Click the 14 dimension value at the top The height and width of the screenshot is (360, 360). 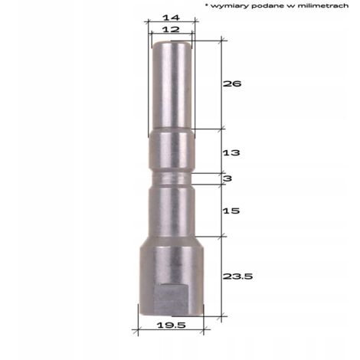tap(172, 18)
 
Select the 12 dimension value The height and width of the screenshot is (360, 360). tap(171, 29)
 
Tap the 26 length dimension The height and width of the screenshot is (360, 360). tap(232, 83)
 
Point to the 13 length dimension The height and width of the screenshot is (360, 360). tap(231, 152)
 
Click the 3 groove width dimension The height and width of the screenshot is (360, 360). tap(227, 178)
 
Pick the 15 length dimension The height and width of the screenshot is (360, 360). tap(231, 211)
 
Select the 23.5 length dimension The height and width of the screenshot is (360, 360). tap(237, 277)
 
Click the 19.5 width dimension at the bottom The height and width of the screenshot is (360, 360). tap(172, 326)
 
